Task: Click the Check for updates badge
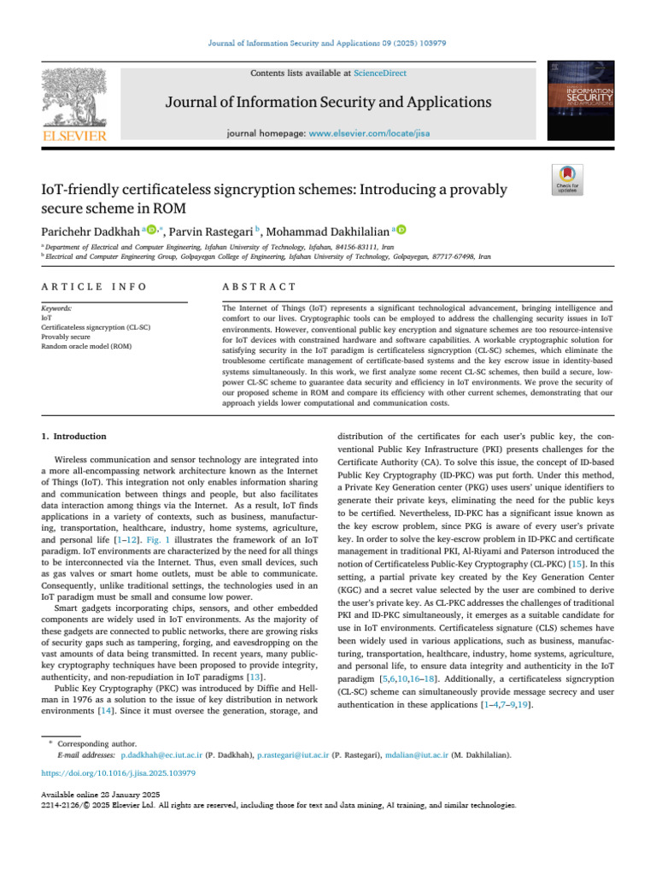tap(567, 179)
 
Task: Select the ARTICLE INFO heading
tap(94, 286)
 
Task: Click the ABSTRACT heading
tap(258, 286)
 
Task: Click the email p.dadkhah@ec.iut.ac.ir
tap(161, 756)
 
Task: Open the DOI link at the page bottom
tap(119, 773)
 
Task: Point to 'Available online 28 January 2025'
tap(99, 795)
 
